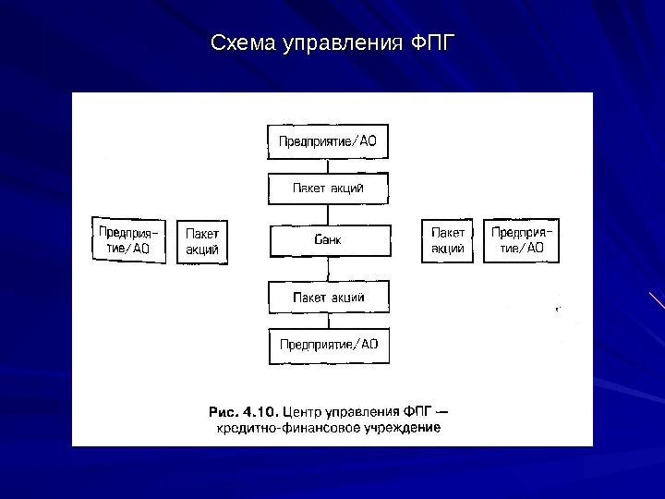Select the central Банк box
[x=329, y=240]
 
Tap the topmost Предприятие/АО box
[x=328, y=141]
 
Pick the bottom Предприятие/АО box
[x=329, y=345]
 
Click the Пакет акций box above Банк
[x=328, y=189]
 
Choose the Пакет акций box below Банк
[x=329, y=298]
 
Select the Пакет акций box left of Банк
[x=202, y=242]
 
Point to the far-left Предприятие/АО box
[x=129, y=239]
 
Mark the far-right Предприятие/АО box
[x=522, y=239]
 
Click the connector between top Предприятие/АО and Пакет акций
[x=328, y=165]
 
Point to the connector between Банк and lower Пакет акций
[x=329, y=270]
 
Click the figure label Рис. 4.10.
[x=244, y=410]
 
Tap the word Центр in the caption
[x=302, y=410]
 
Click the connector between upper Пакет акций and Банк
[x=328, y=214]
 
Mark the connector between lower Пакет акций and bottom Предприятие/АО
[x=329, y=321]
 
